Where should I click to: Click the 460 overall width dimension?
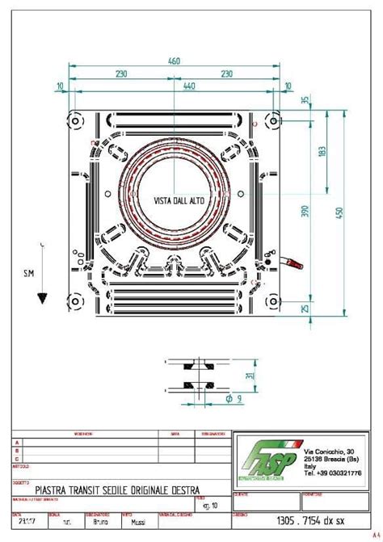tap(173, 61)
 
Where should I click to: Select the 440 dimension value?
tap(188, 85)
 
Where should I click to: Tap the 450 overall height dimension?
tap(340, 212)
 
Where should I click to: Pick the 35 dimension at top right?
tap(305, 101)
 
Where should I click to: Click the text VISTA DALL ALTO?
tap(179, 200)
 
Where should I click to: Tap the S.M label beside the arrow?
tap(28, 274)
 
